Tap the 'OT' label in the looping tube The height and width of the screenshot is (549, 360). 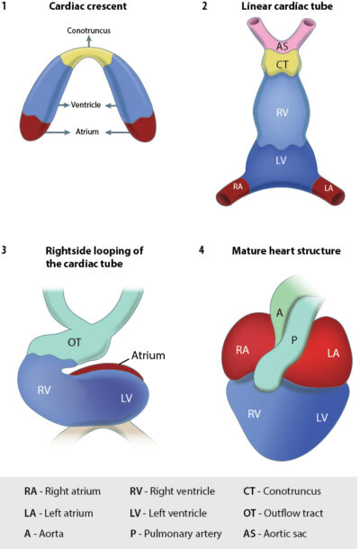tap(76, 340)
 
